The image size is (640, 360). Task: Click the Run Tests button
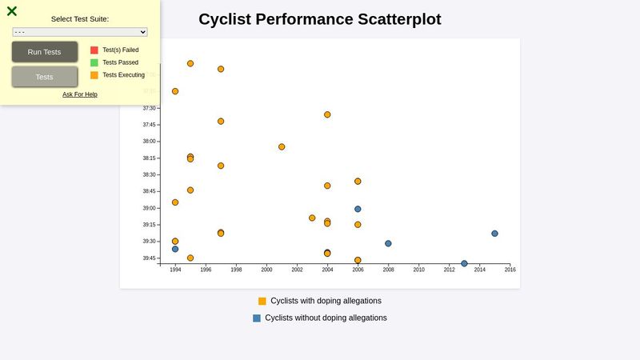click(45, 52)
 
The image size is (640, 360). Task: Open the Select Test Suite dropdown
click(80, 32)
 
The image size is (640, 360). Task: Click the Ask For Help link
click(80, 94)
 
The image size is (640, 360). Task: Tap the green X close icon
click(12, 11)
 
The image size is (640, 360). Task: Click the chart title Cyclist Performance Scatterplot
click(320, 19)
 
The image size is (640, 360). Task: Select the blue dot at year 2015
click(494, 234)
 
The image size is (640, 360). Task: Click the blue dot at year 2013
click(464, 263)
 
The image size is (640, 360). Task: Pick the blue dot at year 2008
click(388, 243)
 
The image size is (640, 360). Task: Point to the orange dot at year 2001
click(282, 146)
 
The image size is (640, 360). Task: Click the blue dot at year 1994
click(175, 249)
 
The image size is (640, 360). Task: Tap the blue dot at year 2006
click(358, 209)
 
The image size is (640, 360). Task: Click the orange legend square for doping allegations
click(262, 302)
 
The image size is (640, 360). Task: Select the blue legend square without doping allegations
click(257, 318)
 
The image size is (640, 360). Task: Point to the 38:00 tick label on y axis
click(150, 142)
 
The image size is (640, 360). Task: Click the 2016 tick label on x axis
click(510, 270)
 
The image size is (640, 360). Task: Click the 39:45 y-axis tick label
click(150, 258)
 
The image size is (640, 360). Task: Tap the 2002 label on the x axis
click(297, 270)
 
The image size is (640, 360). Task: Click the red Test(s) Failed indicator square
click(94, 50)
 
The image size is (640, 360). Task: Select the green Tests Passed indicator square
click(94, 62)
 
